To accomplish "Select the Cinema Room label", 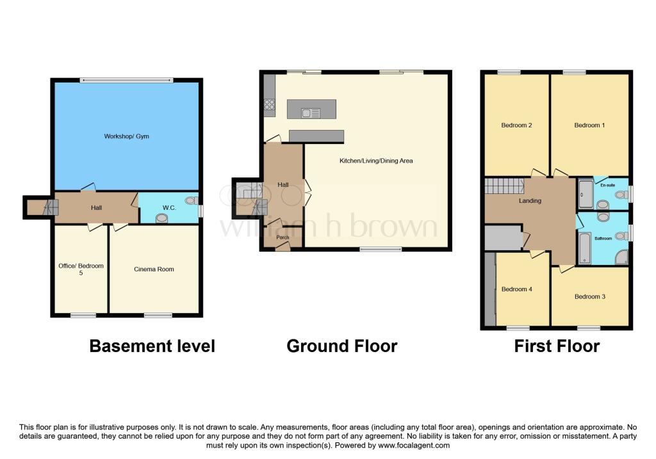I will pyautogui.click(x=154, y=269).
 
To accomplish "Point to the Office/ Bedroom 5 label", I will pyautogui.click(x=81, y=269).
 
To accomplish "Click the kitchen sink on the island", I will pyautogui.click(x=312, y=114).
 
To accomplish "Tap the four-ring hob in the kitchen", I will pyautogui.click(x=269, y=106).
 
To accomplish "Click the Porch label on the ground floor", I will pyautogui.click(x=283, y=238).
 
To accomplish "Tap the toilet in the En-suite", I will pyautogui.click(x=602, y=205).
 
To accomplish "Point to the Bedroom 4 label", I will pyautogui.click(x=516, y=289).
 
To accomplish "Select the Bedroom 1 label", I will pyautogui.click(x=589, y=125).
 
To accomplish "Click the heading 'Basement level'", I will pyautogui.click(x=152, y=346).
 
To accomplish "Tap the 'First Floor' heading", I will pyautogui.click(x=557, y=346).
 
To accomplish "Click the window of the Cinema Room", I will pyautogui.click(x=158, y=314).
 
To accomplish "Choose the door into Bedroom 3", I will pyautogui.click(x=565, y=269).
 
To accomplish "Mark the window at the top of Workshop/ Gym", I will pyautogui.click(x=126, y=80).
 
